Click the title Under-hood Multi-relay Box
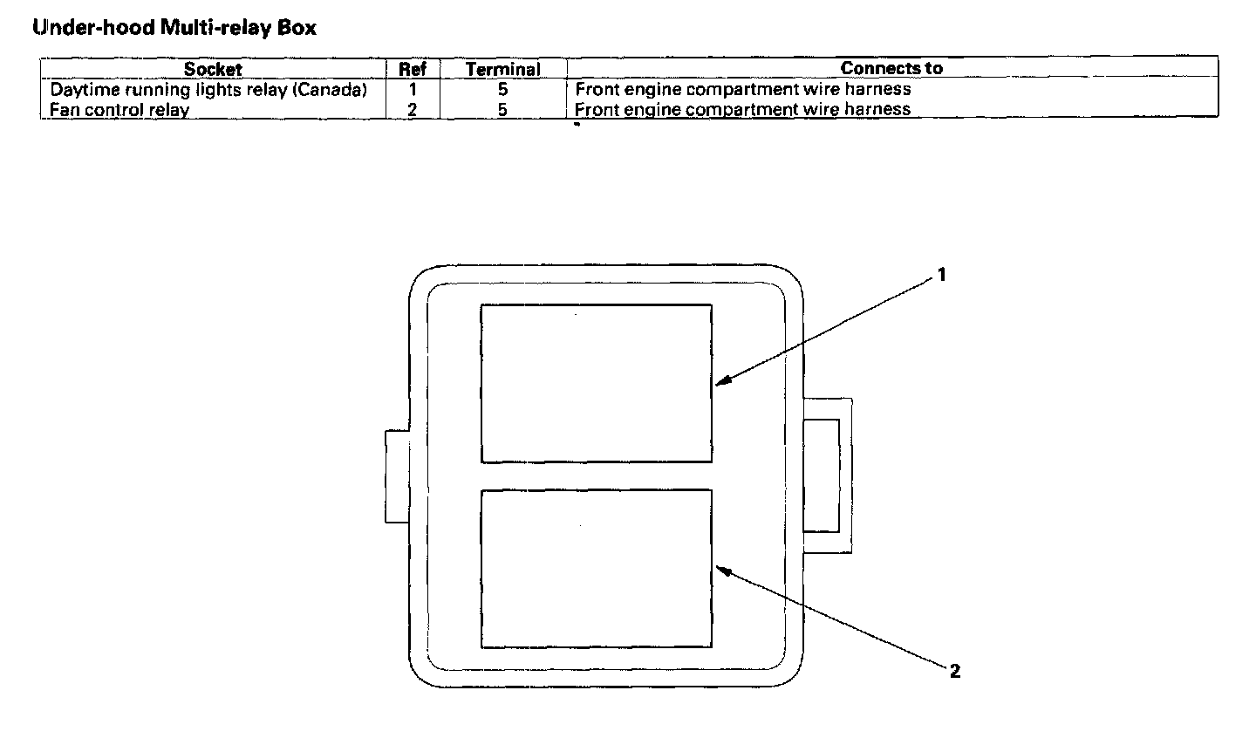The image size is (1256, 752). [x=174, y=28]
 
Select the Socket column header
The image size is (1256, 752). [x=213, y=69]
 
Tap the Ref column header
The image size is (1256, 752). [x=413, y=69]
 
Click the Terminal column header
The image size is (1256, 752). [x=503, y=69]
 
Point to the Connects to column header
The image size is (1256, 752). [x=891, y=68]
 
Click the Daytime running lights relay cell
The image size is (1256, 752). [x=208, y=90]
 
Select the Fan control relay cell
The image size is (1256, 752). [x=119, y=110]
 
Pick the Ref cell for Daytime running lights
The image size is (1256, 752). [x=413, y=90]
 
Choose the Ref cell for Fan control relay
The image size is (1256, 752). [x=413, y=110]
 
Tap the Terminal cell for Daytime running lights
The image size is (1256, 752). [x=503, y=90]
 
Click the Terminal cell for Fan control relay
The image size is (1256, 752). [x=503, y=110]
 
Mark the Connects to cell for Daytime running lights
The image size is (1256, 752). [x=743, y=90]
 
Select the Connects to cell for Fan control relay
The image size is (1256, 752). [x=743, y=110]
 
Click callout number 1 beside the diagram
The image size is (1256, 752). [x=941, y=275]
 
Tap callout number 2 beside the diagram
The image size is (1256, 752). [x=955, y=671]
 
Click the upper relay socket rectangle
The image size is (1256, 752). [x=597, y=383]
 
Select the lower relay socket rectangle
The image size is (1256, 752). [x=597, y=568]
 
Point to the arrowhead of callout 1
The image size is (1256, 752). [x=720, y=383]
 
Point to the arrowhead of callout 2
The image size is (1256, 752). [x=720, y=569]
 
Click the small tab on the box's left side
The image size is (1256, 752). [x=398, y=476]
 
